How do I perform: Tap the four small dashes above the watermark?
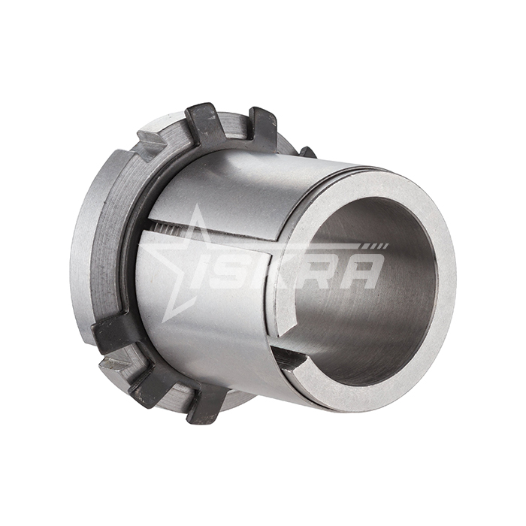(x=379, y=246)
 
